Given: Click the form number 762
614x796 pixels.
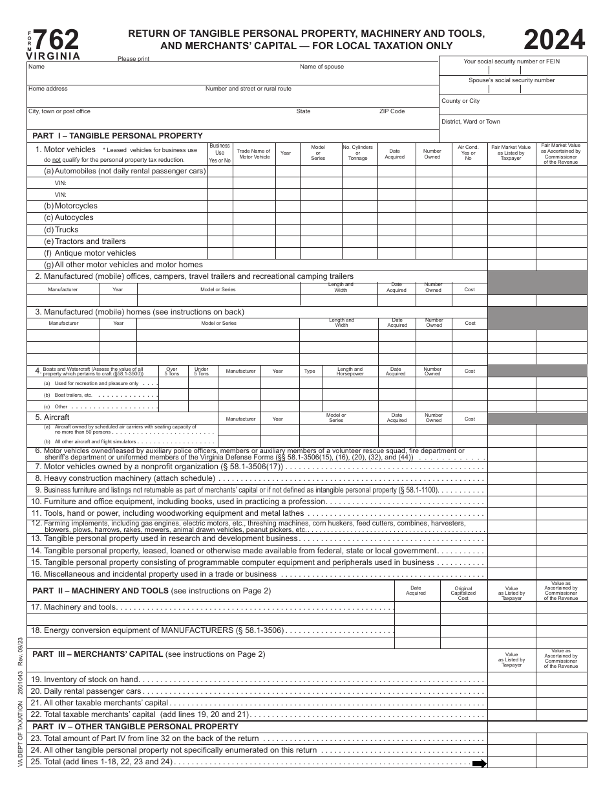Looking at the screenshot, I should [x=56, y=40].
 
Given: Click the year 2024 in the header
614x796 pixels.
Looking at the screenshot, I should [x=554, y=40].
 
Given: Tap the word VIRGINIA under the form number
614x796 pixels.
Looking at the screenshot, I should [x=53, y=56].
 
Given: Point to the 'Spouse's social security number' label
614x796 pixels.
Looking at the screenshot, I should [x=512, y=80].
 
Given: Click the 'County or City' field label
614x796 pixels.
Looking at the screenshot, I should [x=460, y=101].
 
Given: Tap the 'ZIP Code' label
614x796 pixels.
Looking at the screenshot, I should [x=392, y=111].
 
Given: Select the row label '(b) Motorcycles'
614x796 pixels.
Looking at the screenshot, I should [x=70, y=206].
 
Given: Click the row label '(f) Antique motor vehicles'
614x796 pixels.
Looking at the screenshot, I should [x=90, y=253].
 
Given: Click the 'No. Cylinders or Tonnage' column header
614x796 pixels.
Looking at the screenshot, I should [x=357, y=153].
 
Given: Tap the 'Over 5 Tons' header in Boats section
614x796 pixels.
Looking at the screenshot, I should [x=172, y=371].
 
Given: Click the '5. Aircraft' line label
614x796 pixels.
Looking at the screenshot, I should [x=52, y=417].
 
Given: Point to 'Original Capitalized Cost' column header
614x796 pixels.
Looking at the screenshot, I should [x=463, y=593].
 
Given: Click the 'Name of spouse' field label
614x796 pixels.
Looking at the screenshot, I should [x=322, y=67].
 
